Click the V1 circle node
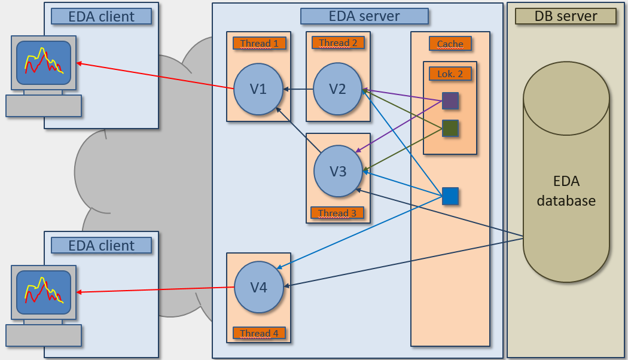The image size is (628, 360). [258, 89]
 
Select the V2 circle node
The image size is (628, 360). [338, 89]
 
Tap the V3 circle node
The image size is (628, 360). [339, 171]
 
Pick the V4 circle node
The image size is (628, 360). [258, 287]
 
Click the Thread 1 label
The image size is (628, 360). [260, 43]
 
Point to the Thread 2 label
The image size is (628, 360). [338, 42]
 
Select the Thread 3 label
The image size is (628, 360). [337, 213]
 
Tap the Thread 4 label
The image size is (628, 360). [259, 333]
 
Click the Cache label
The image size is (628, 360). [450, 44]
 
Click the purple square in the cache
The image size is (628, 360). [450, 100]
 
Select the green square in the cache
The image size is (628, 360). [450, 128]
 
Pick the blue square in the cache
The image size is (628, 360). [450, 196]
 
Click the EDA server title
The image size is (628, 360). [364, 16]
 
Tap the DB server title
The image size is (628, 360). [566, 16]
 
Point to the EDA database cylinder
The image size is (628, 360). [566, 179]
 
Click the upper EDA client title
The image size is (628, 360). [101, 16]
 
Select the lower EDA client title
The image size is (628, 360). [101, 245]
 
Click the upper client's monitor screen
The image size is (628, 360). [44, 63]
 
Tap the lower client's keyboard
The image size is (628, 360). [44, 335]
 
